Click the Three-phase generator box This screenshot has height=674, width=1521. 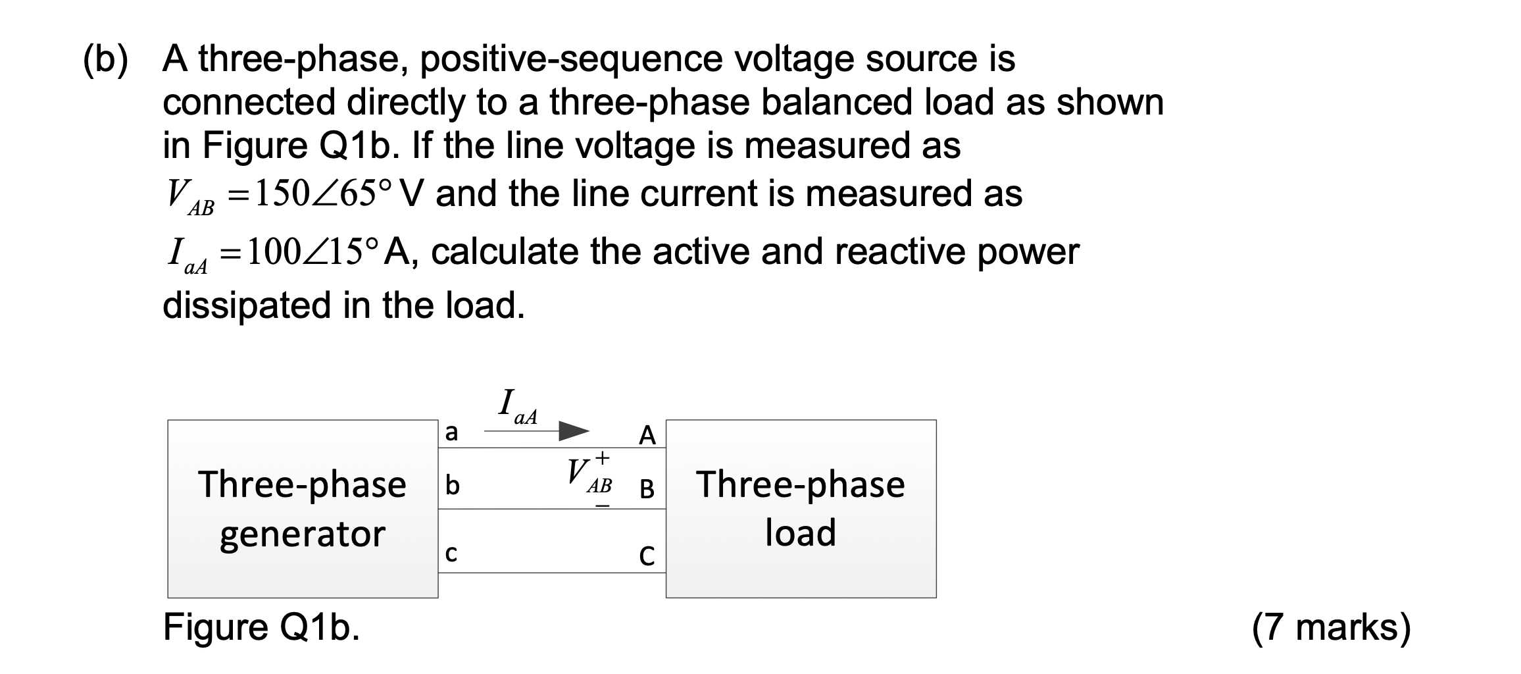pyautogui.click(x=303, y=509)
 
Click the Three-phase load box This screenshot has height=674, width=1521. pyautogui.click(x=801, y=509)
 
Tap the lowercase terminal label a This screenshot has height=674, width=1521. pyautogui.click(x=451, y=433)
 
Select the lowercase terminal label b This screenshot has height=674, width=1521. pyautogui.click(x=452, y=486)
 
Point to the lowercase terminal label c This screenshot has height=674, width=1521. pyautogui.click(x=451, y=554)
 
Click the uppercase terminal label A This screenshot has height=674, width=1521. pyautogui.click(x=647, y=435)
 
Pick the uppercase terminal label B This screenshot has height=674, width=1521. pyautogui.click(x=647, y=488)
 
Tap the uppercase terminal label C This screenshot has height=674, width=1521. pyautogui.click(x=647, y=557)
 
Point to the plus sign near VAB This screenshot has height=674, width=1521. pyautogui.click(x=602, y=456)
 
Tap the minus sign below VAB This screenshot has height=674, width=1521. pyautogui.click(x=603, y=506)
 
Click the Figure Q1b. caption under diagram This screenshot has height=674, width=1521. pyautogui.click(x=261, y=627)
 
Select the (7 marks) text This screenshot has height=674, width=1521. pyautogui.click(x=1331, y=627)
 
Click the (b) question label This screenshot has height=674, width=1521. pyautogui.click(x=105, y=59)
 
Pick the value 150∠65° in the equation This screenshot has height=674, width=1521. pyautogui.click(x=322, y=194)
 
